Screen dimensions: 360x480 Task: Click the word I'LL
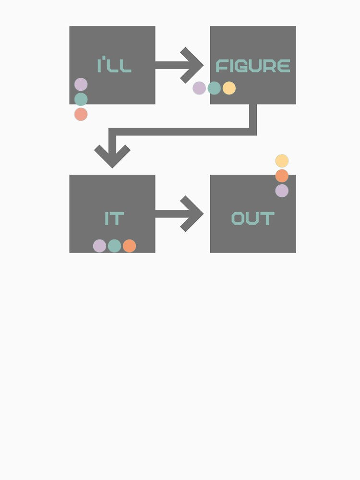click(x=114, y=64)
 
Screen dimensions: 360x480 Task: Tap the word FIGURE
click(x=253, y=66)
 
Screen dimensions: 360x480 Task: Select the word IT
click(x=114, y=218)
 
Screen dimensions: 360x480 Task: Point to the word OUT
click(x=253, y=218)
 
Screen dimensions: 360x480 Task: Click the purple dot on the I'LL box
click(x=81, y=84)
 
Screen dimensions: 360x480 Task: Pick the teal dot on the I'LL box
click(x=81, y=99)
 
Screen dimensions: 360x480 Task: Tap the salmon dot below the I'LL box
click(x=81, y=114)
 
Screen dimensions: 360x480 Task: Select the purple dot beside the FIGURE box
click(x=199, y=88)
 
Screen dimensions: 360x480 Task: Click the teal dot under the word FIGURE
click(x=214, y=88)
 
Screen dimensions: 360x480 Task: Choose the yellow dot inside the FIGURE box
click(x=229, y=88)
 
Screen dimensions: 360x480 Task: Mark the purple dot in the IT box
click(x=99, y=246)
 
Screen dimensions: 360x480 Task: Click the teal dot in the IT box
click(x=115, y=246)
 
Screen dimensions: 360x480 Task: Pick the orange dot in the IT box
click(x=129, y=246)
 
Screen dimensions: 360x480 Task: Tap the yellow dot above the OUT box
click(x=282, y=161)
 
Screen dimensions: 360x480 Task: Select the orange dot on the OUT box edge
click(x=282, y=176)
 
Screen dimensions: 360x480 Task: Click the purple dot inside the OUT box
click(x=282, y=191)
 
